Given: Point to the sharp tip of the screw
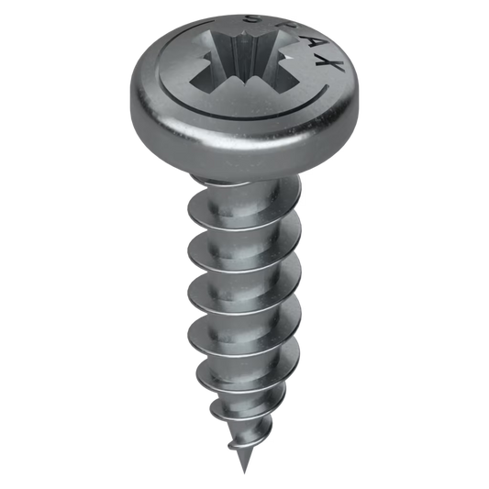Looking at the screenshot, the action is click(x=244, y=473).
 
